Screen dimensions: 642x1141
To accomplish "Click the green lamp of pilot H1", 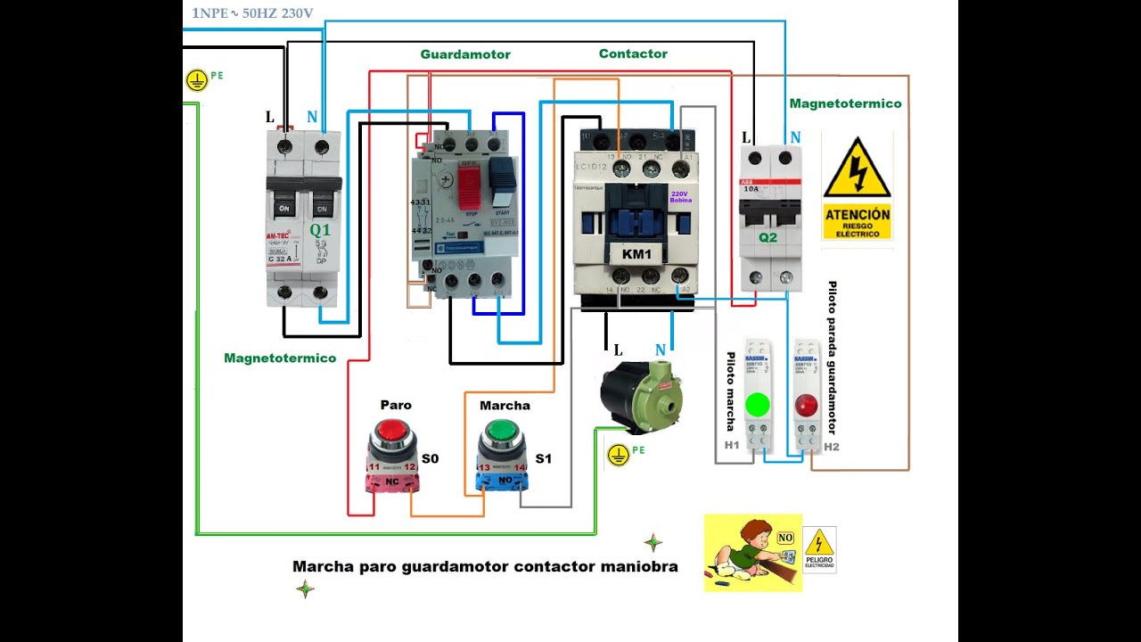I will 757,404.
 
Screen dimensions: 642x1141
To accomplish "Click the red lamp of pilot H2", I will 806,406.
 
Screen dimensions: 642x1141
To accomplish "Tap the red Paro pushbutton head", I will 391,431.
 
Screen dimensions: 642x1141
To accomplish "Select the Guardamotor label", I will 465,54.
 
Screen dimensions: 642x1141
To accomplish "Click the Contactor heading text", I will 633,53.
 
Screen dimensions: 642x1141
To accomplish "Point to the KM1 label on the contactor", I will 636,254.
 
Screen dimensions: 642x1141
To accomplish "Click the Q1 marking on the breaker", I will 320,230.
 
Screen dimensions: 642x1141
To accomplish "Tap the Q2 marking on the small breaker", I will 768,238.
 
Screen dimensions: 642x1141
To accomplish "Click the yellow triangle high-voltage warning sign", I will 857,169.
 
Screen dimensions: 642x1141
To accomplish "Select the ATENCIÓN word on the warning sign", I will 857,214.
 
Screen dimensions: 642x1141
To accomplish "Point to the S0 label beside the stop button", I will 430,459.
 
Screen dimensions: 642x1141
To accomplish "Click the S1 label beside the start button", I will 543,459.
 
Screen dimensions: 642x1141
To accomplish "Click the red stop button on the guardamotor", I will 469,176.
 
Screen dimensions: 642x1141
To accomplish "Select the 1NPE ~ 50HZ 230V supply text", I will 252,13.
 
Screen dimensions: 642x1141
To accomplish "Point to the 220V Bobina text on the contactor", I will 681,196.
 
